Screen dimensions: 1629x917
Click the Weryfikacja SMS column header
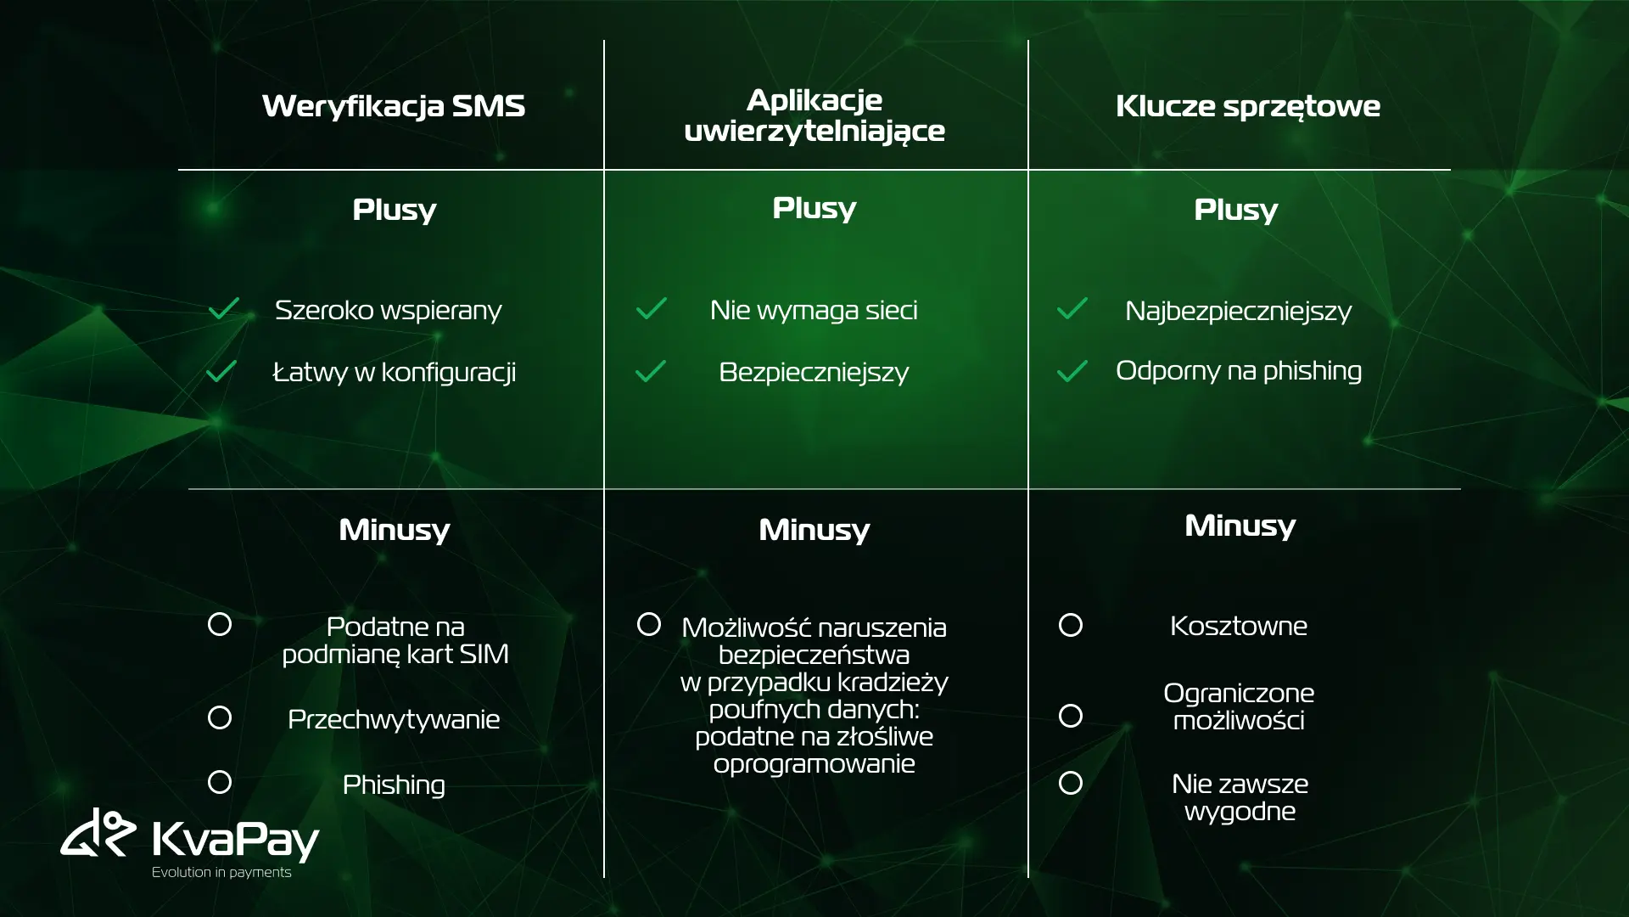394,106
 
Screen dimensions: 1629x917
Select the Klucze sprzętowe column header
1247,107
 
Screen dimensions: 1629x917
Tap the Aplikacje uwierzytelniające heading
814,115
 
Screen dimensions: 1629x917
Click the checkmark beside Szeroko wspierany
224,308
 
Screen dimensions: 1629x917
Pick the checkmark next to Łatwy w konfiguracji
221,371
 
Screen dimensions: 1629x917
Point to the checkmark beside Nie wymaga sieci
652,308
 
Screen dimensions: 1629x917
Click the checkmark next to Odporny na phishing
1072,371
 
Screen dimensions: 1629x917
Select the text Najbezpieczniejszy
1239,312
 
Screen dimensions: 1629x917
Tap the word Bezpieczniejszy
814,373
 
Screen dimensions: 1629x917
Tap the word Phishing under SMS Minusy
394,785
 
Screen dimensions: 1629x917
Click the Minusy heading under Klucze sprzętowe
1240,526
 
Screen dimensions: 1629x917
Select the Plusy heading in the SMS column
395,211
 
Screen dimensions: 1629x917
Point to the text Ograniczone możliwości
1239,706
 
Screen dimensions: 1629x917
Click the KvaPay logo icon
98,832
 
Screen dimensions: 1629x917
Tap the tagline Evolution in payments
221,872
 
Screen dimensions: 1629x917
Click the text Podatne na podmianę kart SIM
395,640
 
